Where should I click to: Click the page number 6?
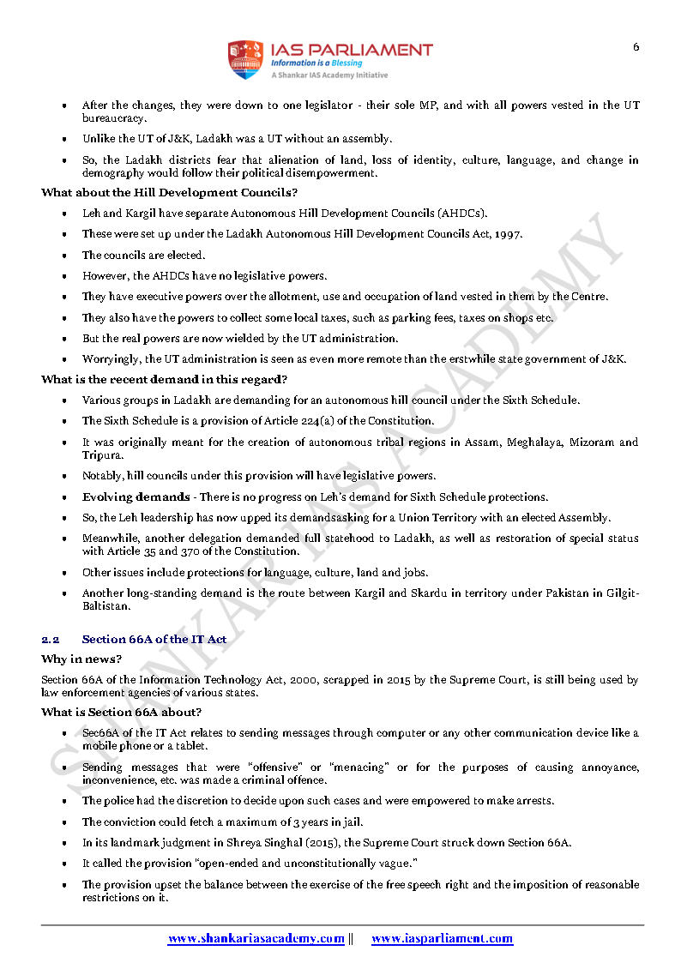click(636, 47)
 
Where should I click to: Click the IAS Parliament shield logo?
click(244, 59)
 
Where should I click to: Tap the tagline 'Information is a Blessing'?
click(316, 63)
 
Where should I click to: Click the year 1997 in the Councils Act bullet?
click(509, 234)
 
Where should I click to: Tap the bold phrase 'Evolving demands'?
click(136, 497)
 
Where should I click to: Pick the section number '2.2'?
click(50, 640)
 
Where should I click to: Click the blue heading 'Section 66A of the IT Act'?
click(154, 640)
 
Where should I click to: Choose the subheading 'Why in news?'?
click(81, 659)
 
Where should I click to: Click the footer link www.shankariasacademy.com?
click(256, 939)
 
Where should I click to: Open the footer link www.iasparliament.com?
click(442, 939)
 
